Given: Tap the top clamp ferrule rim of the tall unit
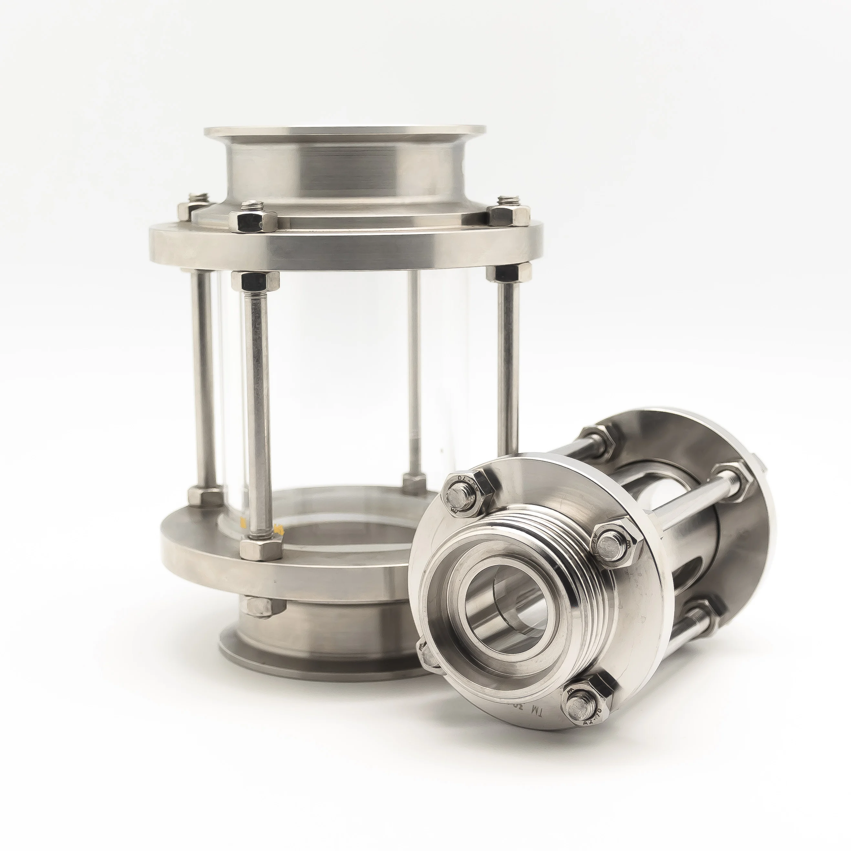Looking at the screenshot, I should (345, 131).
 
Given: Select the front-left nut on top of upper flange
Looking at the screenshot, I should (253, 218).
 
